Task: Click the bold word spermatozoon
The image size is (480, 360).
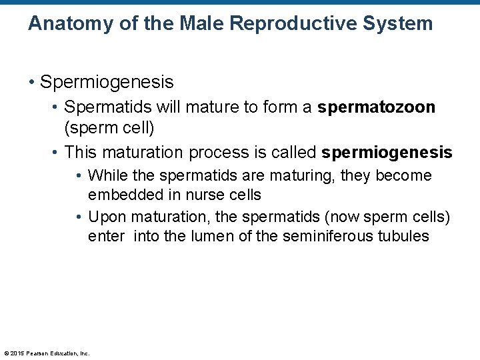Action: (377, 108)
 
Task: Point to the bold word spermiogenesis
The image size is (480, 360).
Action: (387, 153)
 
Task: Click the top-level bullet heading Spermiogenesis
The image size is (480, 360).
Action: (107, 82)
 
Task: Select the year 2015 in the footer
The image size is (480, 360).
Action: (18, 353)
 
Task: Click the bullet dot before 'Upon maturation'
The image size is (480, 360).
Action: (79, 217)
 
